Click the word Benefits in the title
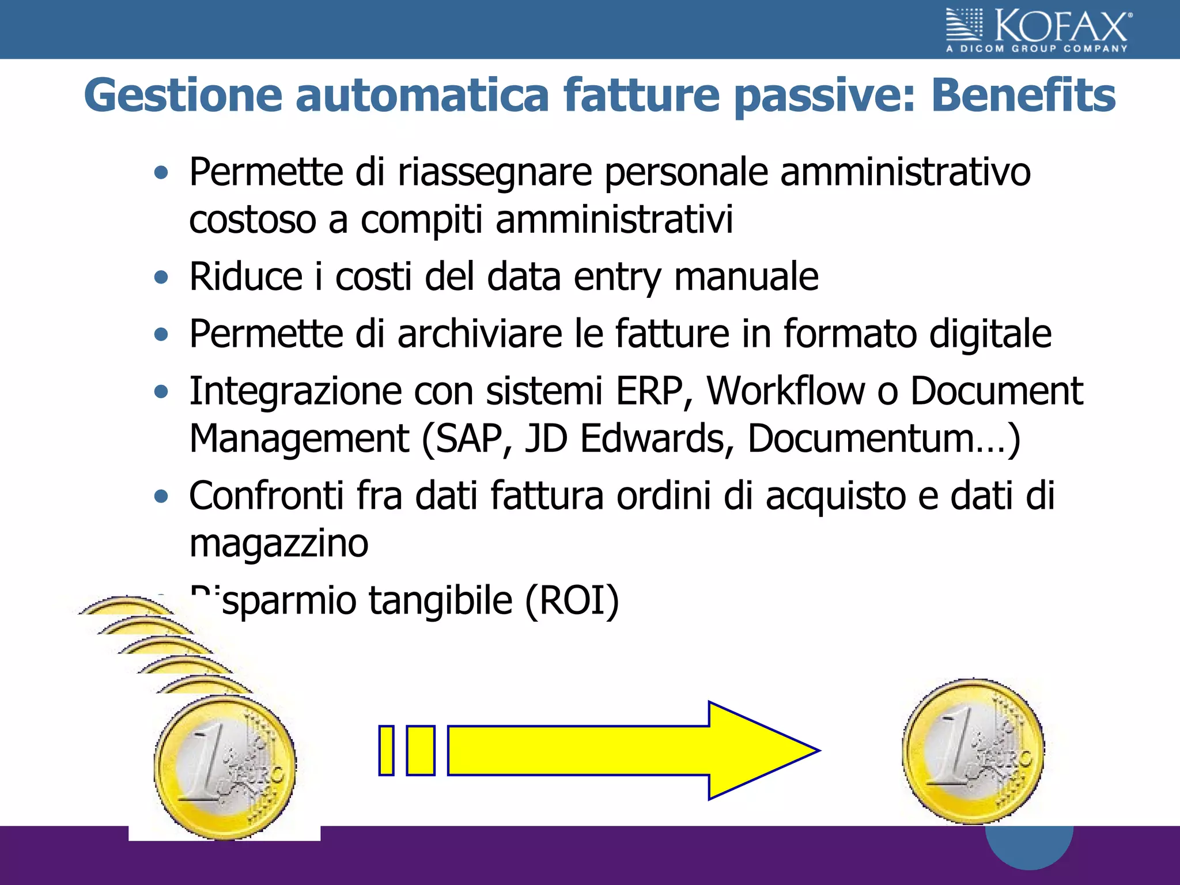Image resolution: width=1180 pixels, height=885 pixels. [x=1023, y=96]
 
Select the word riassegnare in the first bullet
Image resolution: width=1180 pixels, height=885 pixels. [x=494, y=172]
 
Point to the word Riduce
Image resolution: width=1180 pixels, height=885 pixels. [x=245, y=277]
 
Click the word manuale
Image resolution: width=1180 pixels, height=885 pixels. [x=746, y=277]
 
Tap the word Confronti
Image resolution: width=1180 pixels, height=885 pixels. [x=266, y=496]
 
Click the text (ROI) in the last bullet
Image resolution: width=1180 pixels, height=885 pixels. [x=572, y=601]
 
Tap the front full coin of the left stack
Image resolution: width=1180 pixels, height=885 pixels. [x=225, y=766]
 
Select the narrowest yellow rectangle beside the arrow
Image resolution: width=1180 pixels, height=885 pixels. [x=386, y=751]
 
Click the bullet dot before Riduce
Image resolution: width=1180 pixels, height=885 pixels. [x=162, y=278]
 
